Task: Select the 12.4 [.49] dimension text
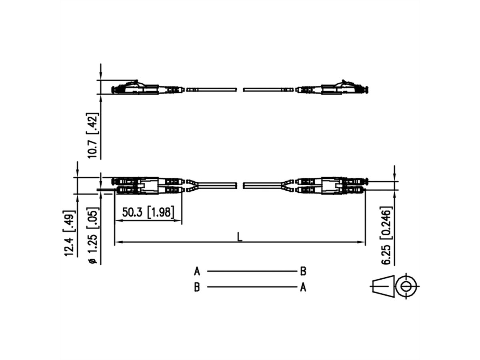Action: tap(69, 232)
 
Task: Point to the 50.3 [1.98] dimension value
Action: tap(148, 212)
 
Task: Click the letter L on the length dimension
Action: tap(239, 237)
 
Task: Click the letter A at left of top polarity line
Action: tap(197, 272)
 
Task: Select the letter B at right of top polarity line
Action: tap(303, 272)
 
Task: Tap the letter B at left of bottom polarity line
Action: tap(197, 288)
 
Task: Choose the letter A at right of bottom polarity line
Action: tap(303, 287)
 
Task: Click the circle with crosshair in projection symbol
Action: tap(406, 286)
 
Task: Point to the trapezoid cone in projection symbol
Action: tap(383, 286)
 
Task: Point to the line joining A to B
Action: tap(250, 271)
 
